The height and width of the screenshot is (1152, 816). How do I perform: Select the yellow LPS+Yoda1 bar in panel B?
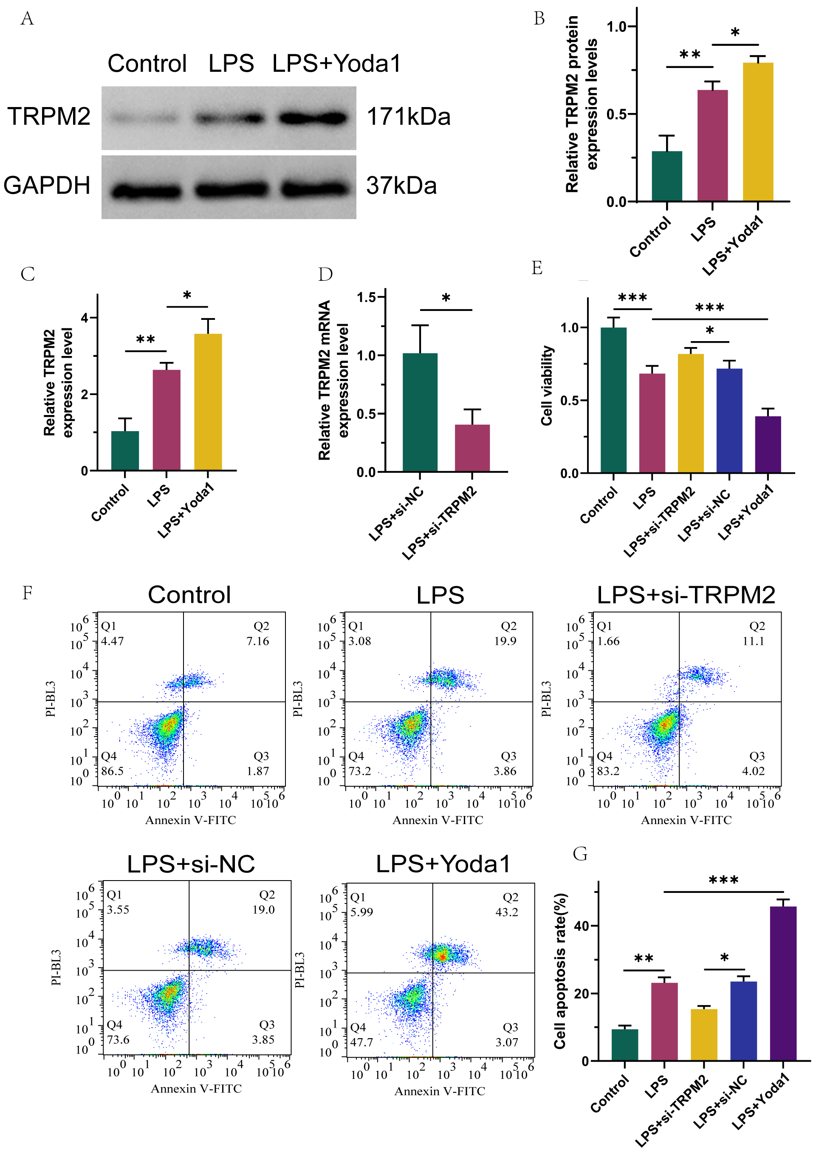click(757, 132)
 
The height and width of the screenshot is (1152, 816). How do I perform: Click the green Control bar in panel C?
click(125, 451)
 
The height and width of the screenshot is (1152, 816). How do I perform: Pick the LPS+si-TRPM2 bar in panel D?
click(472, 448)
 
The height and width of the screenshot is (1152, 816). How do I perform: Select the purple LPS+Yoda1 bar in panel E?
click(767, 445)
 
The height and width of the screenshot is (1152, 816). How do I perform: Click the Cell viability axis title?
click(547, 385)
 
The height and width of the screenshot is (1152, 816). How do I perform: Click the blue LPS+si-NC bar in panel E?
click(729, 421)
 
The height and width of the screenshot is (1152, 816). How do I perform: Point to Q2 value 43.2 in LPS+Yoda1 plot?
click(506, 912)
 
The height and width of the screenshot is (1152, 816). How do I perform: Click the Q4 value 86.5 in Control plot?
click(112, 771)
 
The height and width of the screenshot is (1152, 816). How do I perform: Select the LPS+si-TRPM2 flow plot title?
click(686, 595)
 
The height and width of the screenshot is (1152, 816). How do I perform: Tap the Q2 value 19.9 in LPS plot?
click(505, 641)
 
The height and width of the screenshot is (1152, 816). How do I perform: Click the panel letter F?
click(27, 593)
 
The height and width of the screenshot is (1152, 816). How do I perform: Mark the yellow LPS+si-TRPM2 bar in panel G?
click(703, 1035)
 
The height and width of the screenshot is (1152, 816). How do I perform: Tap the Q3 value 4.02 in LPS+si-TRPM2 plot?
click(753, 771)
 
